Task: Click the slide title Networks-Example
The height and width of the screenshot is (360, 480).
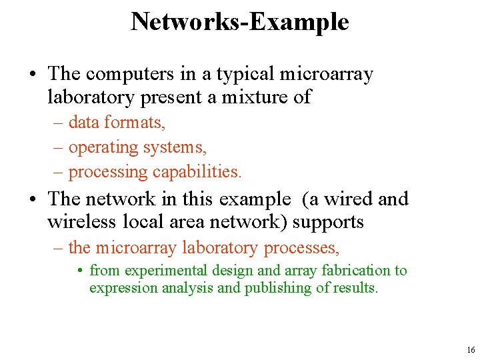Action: point(240,21)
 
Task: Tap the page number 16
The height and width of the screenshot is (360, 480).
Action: point(471,349)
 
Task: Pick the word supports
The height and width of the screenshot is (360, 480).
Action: point(328,222)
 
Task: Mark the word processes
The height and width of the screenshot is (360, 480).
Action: point(302,248)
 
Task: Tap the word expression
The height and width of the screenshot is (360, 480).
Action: point(123,288)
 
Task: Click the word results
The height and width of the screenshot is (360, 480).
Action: point(355,288)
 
